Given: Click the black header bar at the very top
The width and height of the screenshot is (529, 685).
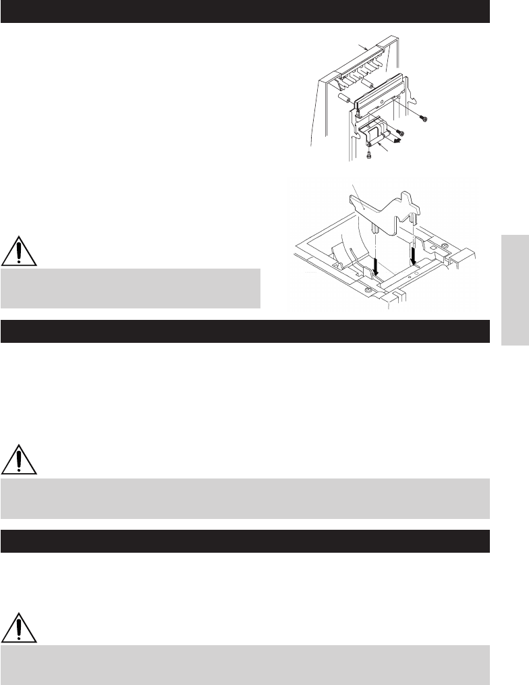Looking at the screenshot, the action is [x=244, y=11].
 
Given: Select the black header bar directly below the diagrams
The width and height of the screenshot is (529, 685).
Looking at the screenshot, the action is [x=244, y=331].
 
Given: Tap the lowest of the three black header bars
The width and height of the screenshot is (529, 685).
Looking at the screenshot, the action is [x=244, y=541].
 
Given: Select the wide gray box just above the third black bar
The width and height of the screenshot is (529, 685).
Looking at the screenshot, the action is [x=244, y=499].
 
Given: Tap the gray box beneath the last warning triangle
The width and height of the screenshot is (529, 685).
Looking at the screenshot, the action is [x=244, y=665].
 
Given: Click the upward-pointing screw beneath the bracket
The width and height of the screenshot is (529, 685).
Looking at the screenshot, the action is [x=370, y=155].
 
